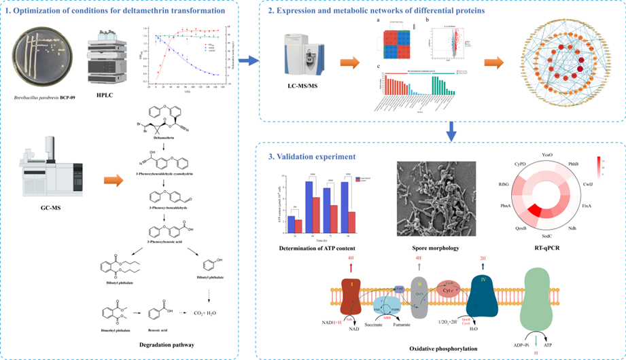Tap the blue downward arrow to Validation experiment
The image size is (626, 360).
451,128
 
